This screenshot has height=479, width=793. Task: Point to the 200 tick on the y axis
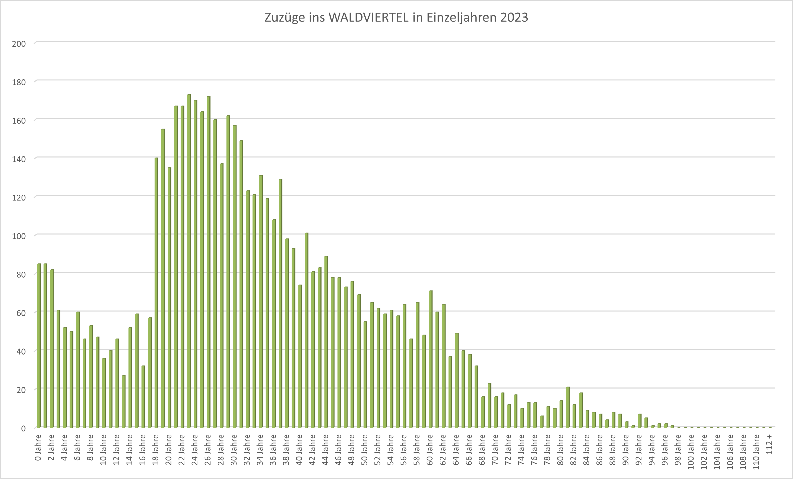point(19,44)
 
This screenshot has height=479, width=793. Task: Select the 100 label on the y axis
point(19,236)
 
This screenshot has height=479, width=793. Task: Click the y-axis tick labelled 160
point(19,121)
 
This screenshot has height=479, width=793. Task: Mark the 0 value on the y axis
point(23,428)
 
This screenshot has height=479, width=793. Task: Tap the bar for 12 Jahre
point(117,383)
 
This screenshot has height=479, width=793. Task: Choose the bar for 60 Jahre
point(430,359)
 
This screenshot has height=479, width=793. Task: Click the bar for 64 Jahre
point(457,380)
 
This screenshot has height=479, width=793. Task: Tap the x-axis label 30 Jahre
point(234,450)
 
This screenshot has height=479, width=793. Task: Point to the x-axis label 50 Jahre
point(365,450)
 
